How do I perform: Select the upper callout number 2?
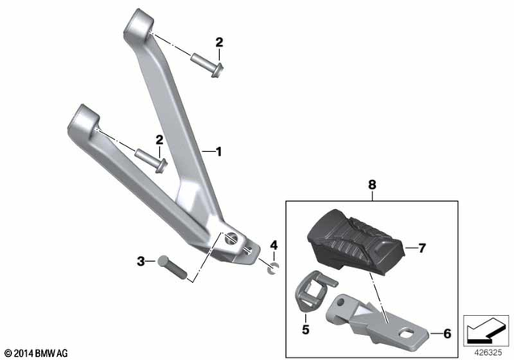coord(218,43)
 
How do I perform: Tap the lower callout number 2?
coord(160,140)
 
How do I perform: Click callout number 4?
coord(273,244)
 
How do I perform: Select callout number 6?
coord(447,332)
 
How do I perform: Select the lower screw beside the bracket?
coord(151,158)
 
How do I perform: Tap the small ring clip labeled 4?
coord(272,264)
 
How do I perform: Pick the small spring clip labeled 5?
coord(311,288)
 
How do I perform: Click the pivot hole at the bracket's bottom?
coord(232,238)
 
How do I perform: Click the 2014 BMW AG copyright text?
coord(37,352)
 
